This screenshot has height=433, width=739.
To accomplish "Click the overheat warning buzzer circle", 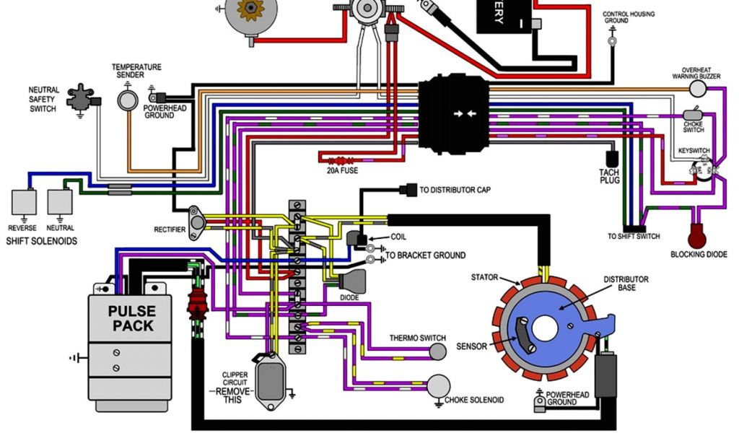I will coord(697,88).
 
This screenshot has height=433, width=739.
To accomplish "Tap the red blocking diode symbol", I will coord(698,235).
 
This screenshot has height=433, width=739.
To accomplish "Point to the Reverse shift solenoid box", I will coord(25,201).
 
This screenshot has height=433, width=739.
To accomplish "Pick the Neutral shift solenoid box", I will coord(61,201).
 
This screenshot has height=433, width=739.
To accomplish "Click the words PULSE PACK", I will coord(132,318).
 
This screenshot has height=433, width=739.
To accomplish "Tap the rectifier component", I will coord(196,220).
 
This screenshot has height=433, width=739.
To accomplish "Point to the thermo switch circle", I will coord(438,351).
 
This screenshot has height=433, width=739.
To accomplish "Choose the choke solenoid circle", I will coord(437,387).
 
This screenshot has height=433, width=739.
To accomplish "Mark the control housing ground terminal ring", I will coord(612,42).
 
